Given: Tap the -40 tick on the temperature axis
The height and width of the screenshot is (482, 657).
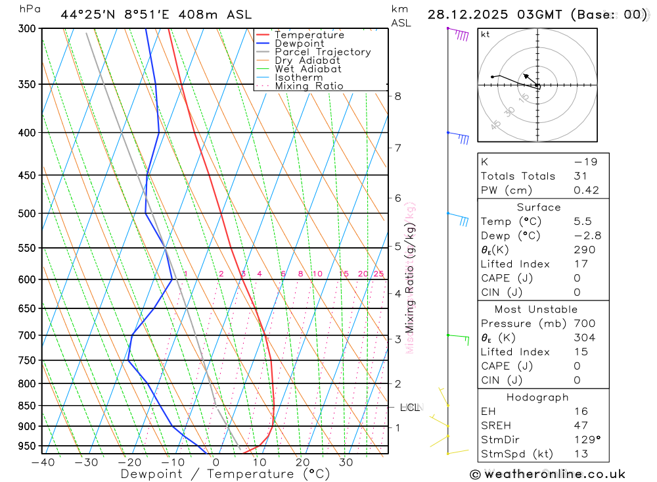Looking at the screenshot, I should [x=43, y=462].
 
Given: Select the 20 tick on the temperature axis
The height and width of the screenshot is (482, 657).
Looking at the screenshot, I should [x=302, y=462].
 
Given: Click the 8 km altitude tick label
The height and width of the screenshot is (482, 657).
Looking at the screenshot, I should [x=397, y=96].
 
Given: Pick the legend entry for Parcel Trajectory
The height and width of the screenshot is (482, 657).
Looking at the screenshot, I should [x=323, y=52].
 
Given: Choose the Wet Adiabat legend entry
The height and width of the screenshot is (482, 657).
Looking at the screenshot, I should [x=308, y=69].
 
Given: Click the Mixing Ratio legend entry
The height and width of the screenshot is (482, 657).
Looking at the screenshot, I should [x=309, y=86].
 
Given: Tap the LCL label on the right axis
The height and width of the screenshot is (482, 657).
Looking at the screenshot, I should [x=409, y=408].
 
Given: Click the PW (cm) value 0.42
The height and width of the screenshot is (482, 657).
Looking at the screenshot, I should [x=586, y=191].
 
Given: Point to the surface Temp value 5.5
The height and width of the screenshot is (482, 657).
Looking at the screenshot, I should [x=582, y=222].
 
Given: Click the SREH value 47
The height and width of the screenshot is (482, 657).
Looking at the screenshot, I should [x=581, y=425].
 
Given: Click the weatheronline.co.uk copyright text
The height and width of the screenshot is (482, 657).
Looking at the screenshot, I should [x=547, y=474].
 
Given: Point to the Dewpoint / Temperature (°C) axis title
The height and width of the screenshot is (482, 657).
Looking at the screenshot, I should [x=225, y=473].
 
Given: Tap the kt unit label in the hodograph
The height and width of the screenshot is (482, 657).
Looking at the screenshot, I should [x=486, y=34].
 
